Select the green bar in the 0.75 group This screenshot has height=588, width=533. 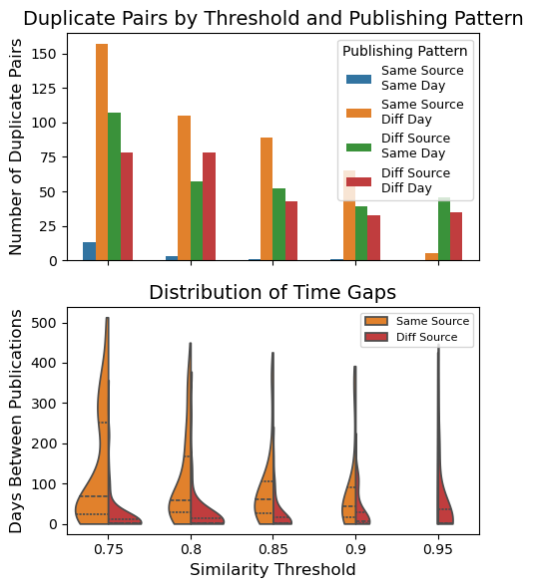[114, 184]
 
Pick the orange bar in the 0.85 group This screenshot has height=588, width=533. [266, 199]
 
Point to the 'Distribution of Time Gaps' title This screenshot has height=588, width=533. [272, 292]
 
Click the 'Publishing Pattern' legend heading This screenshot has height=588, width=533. [404, 51]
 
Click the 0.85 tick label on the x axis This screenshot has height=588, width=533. [272, 548]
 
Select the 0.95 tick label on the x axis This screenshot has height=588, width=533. [437, 548]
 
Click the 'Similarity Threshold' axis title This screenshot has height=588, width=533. [272, 570]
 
